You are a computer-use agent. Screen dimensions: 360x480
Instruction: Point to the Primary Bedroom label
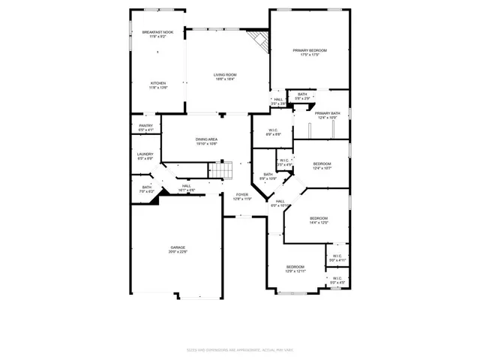click(x=310, y=52)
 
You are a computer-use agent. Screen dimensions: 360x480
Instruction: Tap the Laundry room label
click(x=145, y=156)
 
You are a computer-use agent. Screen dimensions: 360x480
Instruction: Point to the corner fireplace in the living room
click(x=259, y=40)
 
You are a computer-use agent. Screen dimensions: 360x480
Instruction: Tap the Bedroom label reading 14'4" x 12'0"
click(x=319, y=220)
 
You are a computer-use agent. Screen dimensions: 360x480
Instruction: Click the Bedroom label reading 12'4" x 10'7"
click(x=322, y=166)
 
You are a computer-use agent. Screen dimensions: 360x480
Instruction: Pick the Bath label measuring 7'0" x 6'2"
click(x=147, y=189)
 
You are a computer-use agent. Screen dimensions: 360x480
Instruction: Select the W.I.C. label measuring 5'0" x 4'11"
click(x=337, y=258)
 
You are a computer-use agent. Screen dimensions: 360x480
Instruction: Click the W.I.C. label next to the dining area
click(x=274, y=132)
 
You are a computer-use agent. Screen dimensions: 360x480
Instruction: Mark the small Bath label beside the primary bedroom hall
click(x=301, y=96)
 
